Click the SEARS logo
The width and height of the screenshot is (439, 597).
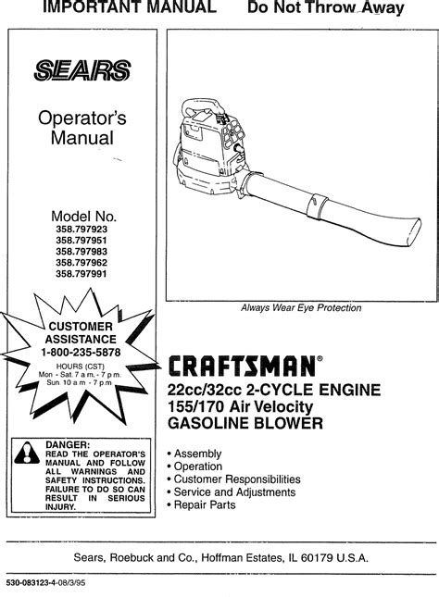[x=82, y=70]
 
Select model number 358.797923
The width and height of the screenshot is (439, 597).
[x=82, y=230]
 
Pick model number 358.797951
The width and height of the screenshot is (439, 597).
[x=82, y=241]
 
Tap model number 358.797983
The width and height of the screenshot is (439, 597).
[x=82, y=251]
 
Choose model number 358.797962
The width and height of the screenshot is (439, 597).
[x=82, y=262]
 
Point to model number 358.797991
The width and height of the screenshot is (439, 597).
[x=82, y=273]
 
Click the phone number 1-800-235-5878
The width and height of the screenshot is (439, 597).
[x=81, y=353]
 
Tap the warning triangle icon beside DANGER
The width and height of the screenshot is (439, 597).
[x=27, y=454]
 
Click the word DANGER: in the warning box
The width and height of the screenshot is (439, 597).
[x=68, y=444]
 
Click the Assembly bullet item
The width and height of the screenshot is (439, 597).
[x=194, y=454]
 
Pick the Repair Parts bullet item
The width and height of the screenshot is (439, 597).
[x=202, y=504]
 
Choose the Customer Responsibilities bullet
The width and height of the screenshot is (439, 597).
[x=234, y=479]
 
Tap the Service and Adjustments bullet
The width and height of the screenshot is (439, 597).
[x=232, y=491]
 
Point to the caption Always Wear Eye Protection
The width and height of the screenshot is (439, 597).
[x=301, y=307]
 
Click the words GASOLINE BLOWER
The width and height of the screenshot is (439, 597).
[x=245, y=423]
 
